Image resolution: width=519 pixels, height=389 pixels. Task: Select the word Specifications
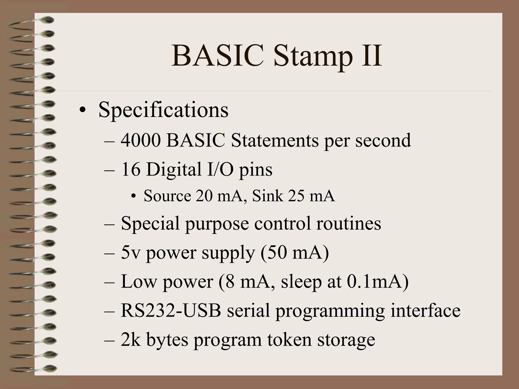163,110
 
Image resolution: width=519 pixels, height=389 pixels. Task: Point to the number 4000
141,140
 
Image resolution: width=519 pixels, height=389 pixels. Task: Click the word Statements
275,140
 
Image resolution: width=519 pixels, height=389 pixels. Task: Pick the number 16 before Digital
131,169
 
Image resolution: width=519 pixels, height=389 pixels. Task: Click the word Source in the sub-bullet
167,196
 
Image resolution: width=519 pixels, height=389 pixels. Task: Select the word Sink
268,196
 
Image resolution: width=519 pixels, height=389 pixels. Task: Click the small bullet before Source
134,197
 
